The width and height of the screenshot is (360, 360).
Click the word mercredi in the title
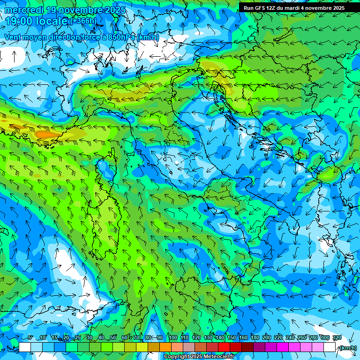(x=24, y=10)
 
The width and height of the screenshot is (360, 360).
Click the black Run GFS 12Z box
(x=298, y=7)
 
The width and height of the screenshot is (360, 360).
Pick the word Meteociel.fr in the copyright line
(x=220, y=357)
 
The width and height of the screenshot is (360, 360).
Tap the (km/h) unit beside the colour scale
(x=347, y=348)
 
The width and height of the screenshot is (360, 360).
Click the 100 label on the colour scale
(x=172, y=338)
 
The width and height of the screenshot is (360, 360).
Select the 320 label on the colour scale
(x=337, y=338)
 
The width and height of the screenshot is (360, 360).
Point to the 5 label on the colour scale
(x=30, y=338)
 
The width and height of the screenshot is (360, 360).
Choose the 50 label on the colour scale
(x=113, y=338)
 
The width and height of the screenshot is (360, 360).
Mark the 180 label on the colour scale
(x=255, y=338)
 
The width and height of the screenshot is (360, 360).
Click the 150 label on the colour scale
(x=231, y=338)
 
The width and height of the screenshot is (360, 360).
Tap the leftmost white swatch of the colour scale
(x=25, y=347)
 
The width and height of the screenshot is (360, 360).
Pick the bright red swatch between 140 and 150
(x=224, y=347)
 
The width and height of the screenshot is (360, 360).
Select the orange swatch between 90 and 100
(x=165, y=347)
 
